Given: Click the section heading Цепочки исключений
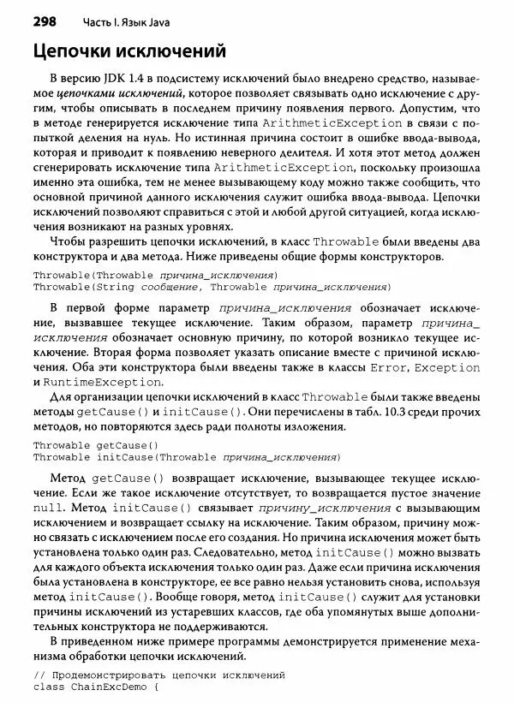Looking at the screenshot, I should pyautogui.click(x=129, y=52).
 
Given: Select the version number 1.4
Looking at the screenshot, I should pyautogui.click(x=148, y=77).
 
